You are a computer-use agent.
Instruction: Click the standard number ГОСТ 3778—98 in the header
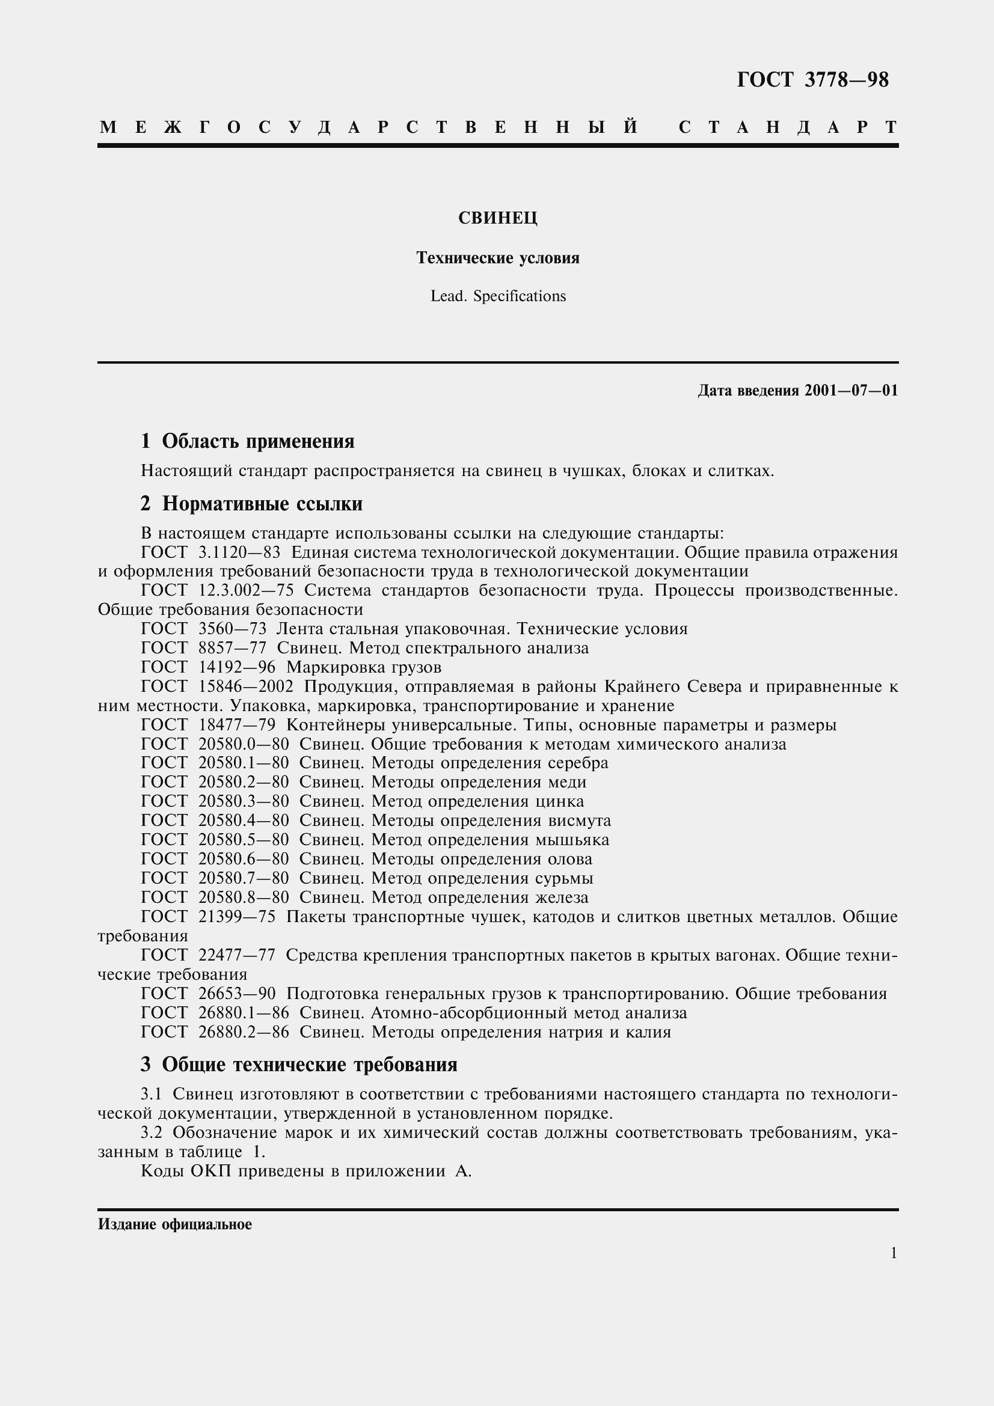click(x=812, y=80)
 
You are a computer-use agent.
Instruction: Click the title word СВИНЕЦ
click(x=497, y=219)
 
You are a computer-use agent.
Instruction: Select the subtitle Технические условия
click(x=497, y=258)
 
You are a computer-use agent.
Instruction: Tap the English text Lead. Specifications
click(x=497, y=296)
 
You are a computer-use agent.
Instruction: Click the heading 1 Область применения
click(x=247, y=441)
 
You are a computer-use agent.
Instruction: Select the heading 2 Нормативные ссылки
click(x=251, y=503)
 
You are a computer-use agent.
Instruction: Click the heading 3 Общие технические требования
click(x=299, y=1065)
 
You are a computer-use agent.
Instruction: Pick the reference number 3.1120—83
click(x=239, y=552)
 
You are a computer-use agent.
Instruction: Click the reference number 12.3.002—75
click(x=246, y=590)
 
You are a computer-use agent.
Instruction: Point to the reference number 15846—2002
click(x=245, y=686)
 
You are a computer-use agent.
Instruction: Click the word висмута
click(x=578, y=821)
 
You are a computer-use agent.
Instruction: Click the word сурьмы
click(x=563, y=878)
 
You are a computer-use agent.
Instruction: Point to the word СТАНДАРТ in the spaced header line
click(x=788, y=127)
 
